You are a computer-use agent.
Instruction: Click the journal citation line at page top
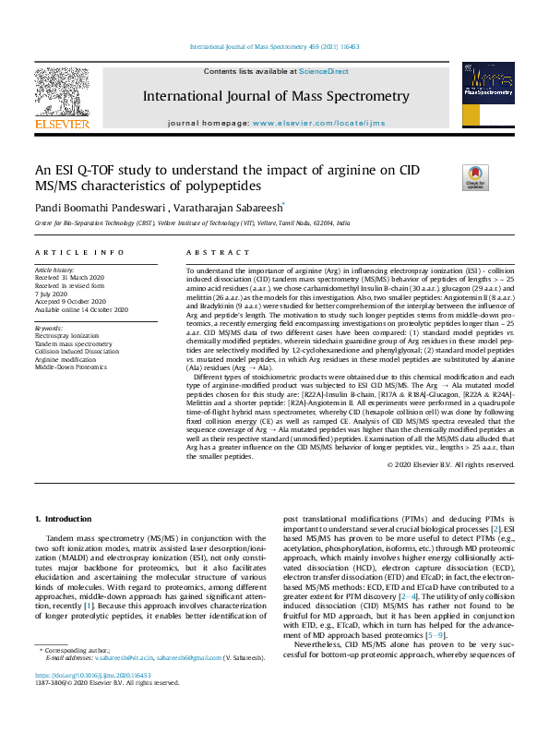[274, 46]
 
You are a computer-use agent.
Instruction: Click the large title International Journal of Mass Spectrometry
[275, 96]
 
